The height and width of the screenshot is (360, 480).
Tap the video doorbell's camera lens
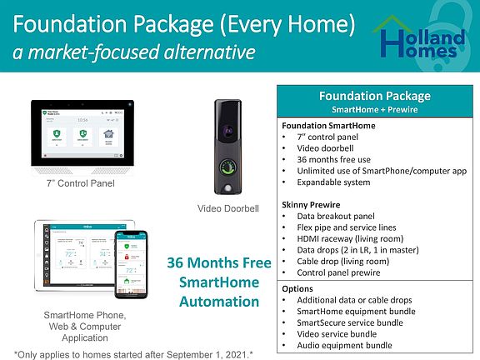(229, 131)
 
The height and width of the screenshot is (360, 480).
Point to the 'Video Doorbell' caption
(229, 207)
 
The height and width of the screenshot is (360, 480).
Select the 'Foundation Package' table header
(374, 95)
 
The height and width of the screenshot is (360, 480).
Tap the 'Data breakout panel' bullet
(336, 215)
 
